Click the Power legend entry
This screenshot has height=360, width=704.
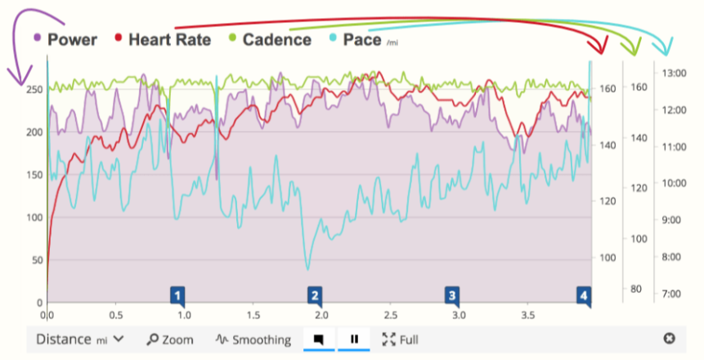72,39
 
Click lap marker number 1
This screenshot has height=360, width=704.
177,295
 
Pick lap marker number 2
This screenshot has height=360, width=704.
315,295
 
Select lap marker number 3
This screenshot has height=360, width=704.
451,295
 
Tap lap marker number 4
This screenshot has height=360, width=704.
583,295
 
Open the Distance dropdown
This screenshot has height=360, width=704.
79,339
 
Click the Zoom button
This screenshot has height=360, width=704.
171,340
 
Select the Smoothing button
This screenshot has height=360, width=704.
253,340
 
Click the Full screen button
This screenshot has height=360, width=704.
401,340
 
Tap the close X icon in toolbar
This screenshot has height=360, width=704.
669,339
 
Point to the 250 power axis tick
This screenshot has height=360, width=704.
34,89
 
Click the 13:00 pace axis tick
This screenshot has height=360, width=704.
675,73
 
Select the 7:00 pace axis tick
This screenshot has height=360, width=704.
675,293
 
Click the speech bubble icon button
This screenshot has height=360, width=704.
319,339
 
